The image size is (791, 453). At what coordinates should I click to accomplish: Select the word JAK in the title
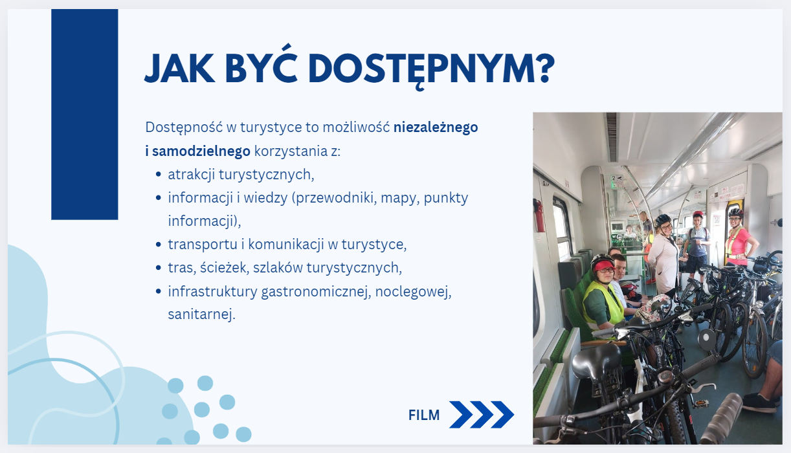(179, 68)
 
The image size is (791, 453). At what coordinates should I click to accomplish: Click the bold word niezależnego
(436, 127)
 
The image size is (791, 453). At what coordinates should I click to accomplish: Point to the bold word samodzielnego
(201, 151)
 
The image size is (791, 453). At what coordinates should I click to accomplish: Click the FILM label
(424, 415)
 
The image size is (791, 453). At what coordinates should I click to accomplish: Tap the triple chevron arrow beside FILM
(482, 415)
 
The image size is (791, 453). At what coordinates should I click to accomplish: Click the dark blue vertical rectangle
(85, 115)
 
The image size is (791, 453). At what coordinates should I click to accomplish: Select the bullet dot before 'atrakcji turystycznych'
(158, 175)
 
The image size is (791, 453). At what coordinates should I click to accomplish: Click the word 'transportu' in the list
(203, 245)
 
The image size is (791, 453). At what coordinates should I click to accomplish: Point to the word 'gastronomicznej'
(316, 292)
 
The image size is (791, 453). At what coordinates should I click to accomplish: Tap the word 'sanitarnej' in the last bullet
(200, 315)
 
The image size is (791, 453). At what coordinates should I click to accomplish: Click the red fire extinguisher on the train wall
(539, 215)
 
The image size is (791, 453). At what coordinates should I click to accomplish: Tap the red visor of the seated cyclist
(604, 265)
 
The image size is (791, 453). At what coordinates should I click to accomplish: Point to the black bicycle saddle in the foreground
(596, 360)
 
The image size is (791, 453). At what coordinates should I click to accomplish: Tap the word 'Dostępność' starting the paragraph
(184, 127)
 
